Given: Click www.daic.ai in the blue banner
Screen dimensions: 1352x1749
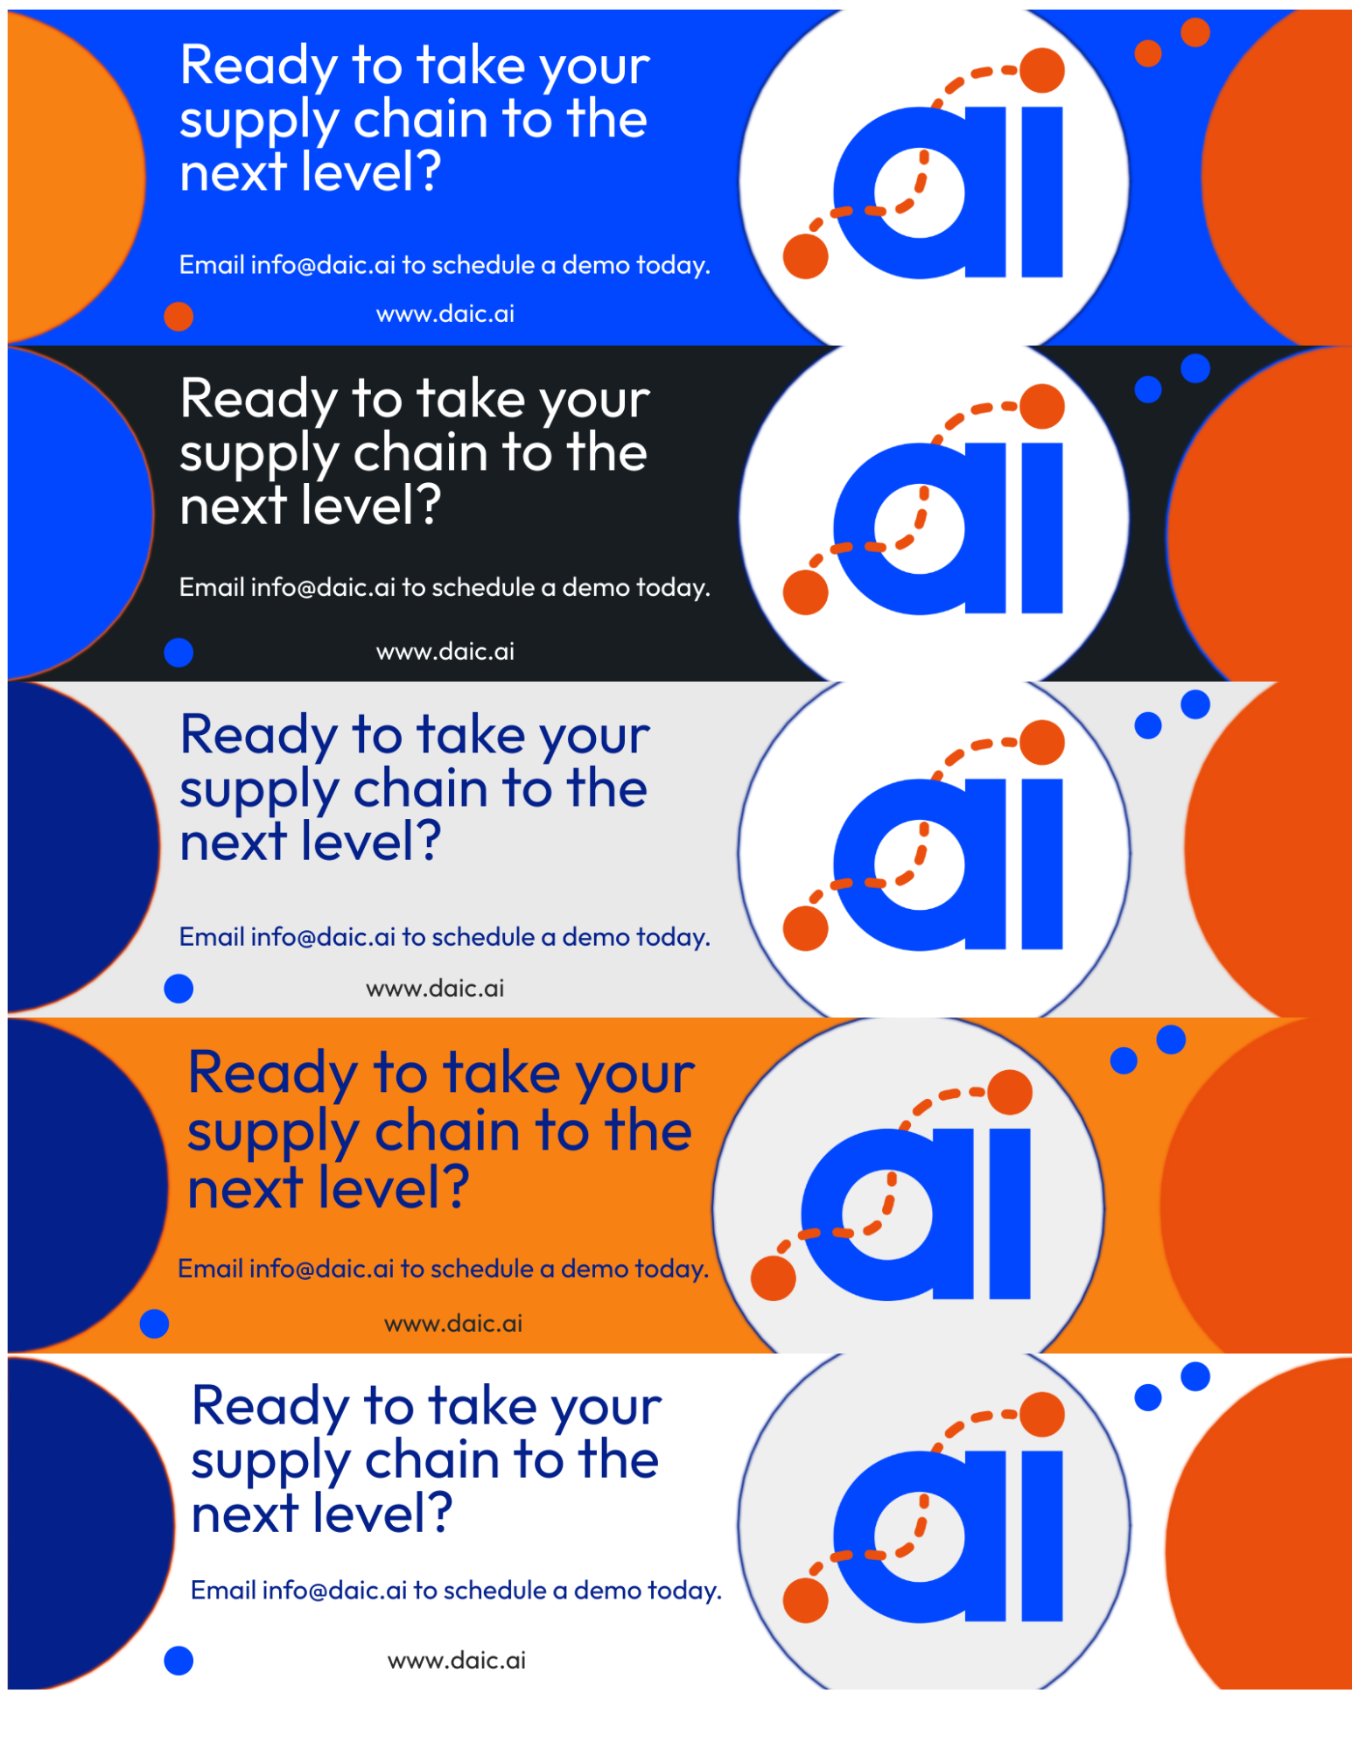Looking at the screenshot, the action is (445, 313).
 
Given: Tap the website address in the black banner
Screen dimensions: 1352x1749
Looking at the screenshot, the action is (445, 651).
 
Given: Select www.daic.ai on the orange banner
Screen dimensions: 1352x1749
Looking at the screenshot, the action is (452, 1323).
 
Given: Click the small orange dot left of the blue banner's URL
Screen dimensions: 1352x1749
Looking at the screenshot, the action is (179, 316).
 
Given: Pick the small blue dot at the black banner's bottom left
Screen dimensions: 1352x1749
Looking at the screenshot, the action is (179, 652).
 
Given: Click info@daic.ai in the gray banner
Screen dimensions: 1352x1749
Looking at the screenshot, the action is (323, 937).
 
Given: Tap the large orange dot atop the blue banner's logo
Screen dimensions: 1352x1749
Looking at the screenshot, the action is (1041, 70).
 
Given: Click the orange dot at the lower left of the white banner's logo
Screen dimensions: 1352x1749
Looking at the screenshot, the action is (805, 1600).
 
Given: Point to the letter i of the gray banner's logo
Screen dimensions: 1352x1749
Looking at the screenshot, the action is (1041, 864).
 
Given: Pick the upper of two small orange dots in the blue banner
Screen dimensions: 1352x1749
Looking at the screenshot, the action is (1194, 32).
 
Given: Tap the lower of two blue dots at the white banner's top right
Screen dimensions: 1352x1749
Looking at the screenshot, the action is (1147, 1397).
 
